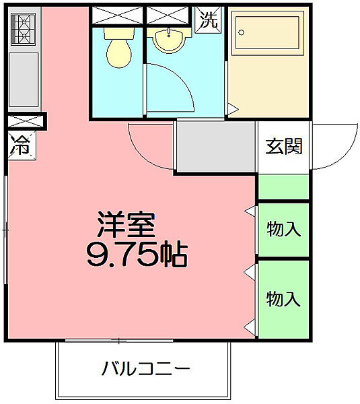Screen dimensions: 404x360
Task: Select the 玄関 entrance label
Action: point(283,146)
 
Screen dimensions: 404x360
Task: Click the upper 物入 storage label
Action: point(283,229)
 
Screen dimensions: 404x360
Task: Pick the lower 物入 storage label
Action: point(283,297)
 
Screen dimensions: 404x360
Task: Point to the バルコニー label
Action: point(146,369)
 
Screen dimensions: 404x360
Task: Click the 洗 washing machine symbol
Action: point(209,19)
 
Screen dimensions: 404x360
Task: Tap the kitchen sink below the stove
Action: point(24,80)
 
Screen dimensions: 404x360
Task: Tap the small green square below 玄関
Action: point(283,187)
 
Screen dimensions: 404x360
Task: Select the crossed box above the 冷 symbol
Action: point(24,122)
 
